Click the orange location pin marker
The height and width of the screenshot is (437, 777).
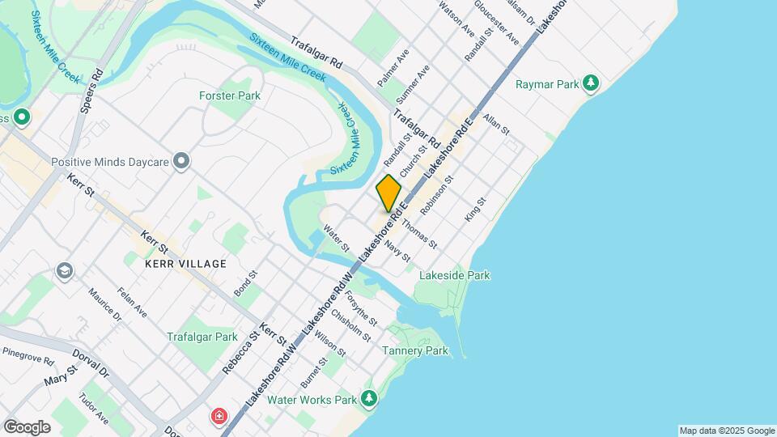[x=388, y=193]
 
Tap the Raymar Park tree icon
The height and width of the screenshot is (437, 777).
[x=592, y=83]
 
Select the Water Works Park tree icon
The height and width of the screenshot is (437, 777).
[x=370, y=398]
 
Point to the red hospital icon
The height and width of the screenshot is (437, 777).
[x=219, y=417]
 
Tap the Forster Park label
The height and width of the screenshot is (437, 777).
[x=230, y=95]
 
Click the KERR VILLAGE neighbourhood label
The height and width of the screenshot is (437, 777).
[x=185, y=264]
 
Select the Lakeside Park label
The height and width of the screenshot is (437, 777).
[x=454, y=275]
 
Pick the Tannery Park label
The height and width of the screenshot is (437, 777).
[x=414, y=350]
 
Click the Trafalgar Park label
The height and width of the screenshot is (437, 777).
[x=202, y=337]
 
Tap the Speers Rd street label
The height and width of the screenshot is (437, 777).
[x=92, y=84]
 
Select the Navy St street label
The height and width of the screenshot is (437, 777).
[x=397, y=250]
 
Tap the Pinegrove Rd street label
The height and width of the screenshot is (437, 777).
[x=28, y=355]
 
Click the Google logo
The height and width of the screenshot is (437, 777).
[x=27, y=426]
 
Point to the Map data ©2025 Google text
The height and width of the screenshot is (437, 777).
[x=727, y=431]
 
